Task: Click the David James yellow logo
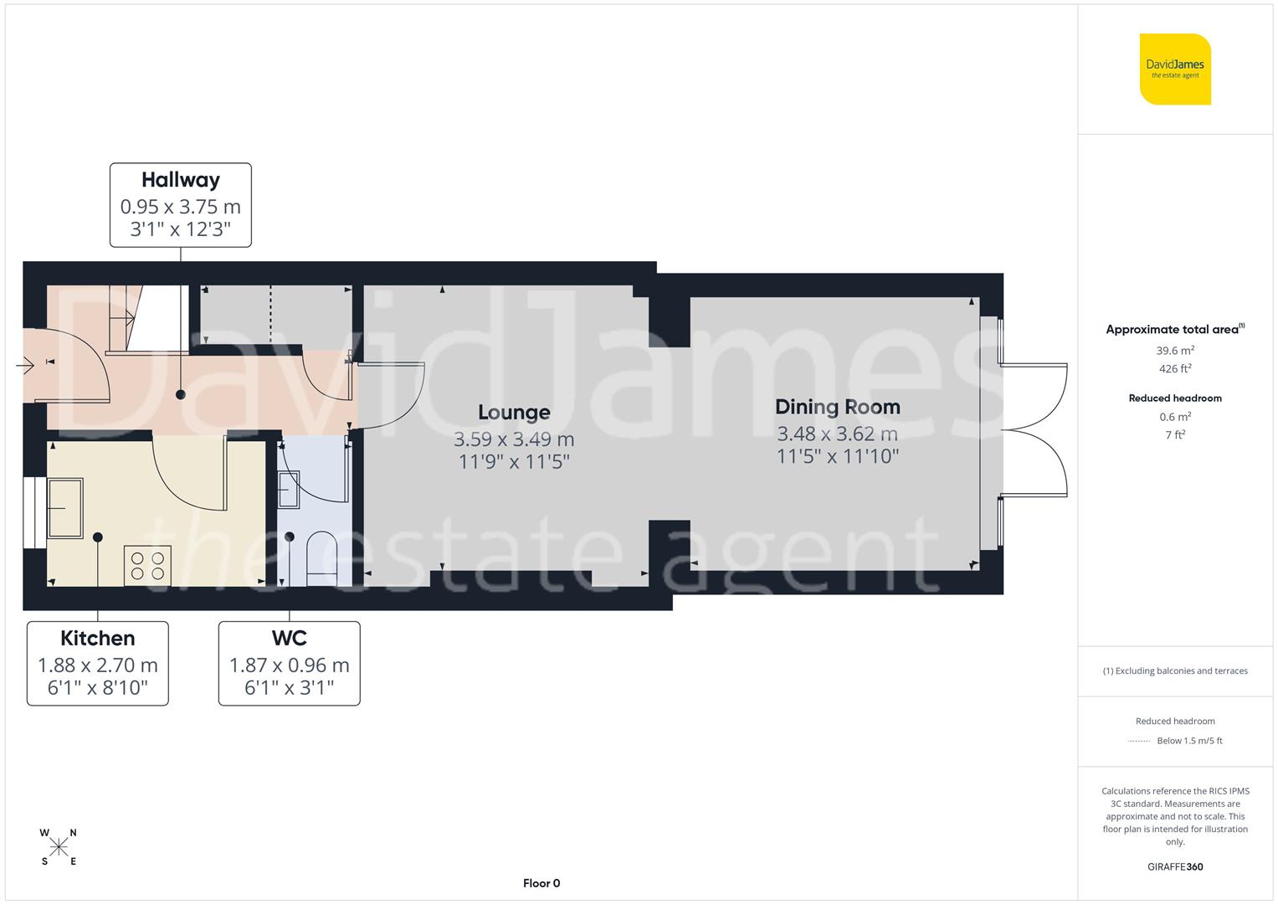[x=1175, y=69]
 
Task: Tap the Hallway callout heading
[x=180, y=180]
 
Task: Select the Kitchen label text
[x=97, y=639]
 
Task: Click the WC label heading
[x=289, y=639]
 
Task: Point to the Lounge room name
[x=514, y=412]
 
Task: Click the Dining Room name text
[x=837, y=407]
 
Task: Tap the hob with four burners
[x=148, y=565]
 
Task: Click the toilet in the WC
[x=321, y=557]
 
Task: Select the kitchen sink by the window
[x=65, y=507]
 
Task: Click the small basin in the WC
[x=289, y=490]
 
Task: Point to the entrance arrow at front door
[x=24, y=365]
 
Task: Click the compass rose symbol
[x=59, y=847]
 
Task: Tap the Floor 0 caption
[x=541, y=883]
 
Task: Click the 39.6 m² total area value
[x=1175, y=351]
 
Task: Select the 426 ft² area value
[x=1175, y=368]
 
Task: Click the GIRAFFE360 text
[x=1175, y=866]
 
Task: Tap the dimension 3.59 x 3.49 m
[x=514, y=439]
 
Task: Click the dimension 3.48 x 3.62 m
[x=837, y=434]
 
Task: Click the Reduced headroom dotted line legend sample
[x=1139, y=741]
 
